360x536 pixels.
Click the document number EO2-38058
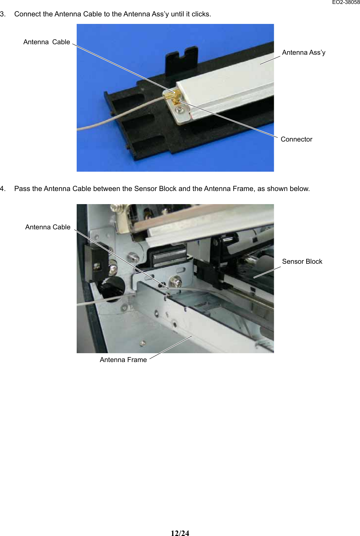point(346,2)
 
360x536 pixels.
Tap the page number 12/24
point(180,533)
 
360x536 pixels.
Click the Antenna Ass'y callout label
point(304,52)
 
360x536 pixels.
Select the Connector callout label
point(296,139)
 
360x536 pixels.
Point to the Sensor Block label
point(302,261)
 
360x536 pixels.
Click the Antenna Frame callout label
point(123,360)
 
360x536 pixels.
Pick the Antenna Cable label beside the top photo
point(47,42)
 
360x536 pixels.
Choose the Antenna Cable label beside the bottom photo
point(48,227)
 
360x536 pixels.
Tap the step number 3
point(3,14)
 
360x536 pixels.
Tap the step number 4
point(3,189)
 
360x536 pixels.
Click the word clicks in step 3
point(201,14)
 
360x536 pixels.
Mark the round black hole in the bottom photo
point(112,289)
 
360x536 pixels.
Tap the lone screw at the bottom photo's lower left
point(143,343)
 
